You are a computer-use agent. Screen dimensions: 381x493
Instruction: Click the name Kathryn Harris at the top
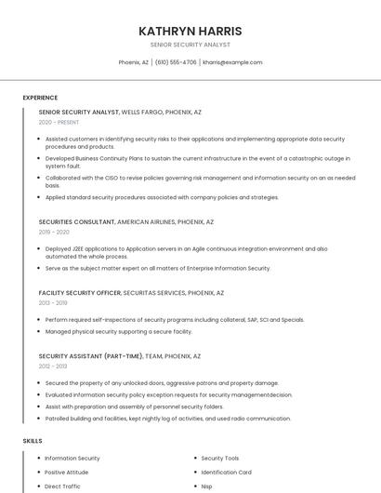coord(190,31)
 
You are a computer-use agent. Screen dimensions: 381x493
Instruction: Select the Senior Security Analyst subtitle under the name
coord(190,45)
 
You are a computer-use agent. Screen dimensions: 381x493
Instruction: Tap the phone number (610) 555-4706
coord(175,62)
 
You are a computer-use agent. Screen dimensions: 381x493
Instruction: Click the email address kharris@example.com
coord(232,62)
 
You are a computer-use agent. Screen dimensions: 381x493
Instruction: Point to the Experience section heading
coord(40,98)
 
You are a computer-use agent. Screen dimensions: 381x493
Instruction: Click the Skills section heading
coord(33,440)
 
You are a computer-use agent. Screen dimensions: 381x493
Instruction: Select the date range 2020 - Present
coord(59,122)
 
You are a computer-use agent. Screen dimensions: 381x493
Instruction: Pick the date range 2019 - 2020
coord(54,233)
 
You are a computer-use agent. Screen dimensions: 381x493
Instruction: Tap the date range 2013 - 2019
coord(53,302)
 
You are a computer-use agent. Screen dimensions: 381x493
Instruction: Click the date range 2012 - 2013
coord(53,366)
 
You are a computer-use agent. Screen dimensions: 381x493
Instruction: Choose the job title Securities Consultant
coord(76,222)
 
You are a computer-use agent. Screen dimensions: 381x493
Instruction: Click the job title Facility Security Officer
coord(80,292)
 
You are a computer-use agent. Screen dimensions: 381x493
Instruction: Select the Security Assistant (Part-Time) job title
coord(90,355)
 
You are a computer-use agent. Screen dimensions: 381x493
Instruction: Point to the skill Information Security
coord(72,459)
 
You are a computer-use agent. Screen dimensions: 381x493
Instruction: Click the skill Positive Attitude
coord(67,473)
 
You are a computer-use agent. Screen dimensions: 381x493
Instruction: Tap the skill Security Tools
coord(220,459)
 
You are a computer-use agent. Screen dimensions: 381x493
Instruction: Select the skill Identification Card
coord(226,473)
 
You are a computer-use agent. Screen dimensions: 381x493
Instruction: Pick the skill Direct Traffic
coord(63,486)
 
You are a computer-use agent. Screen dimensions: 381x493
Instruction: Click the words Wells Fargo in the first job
coord(141,112)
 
